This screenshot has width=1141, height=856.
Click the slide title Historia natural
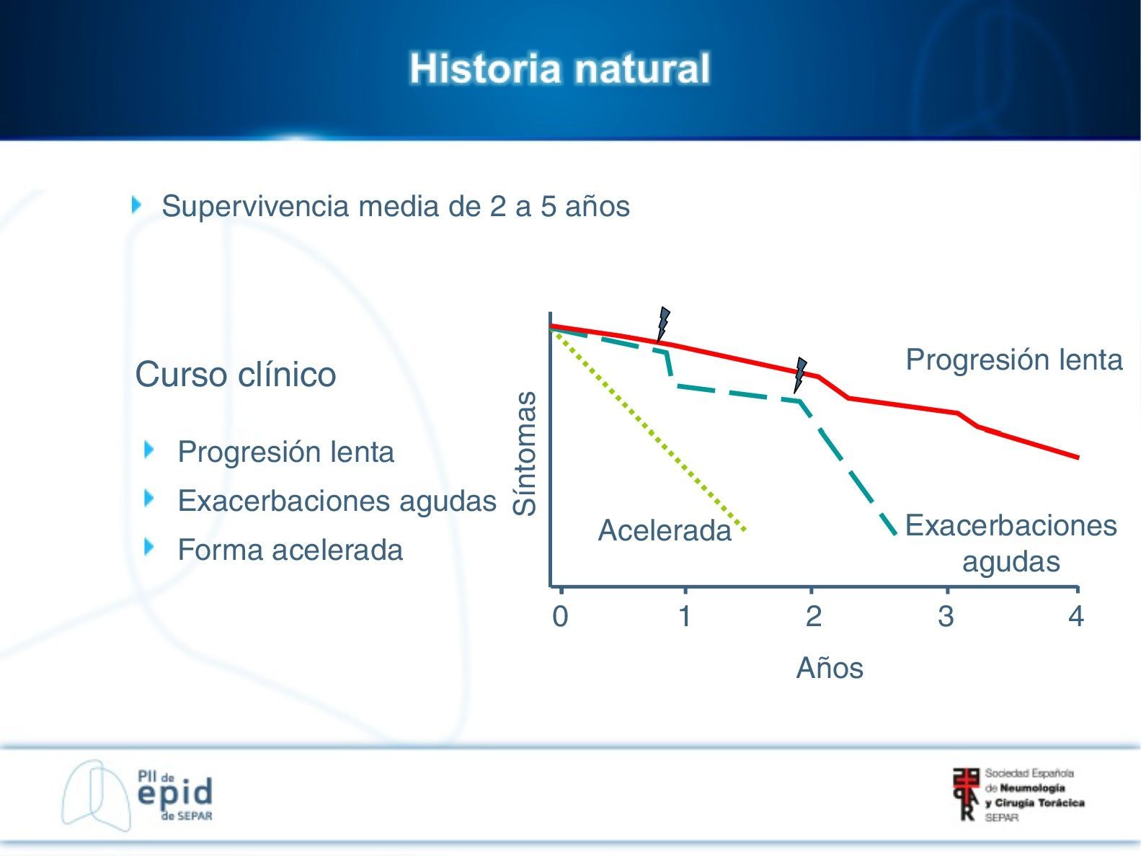click(x=559, y=68)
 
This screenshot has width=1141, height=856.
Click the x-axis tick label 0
click(x=560, y=617)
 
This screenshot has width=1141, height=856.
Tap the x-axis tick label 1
click(x=685, y=617)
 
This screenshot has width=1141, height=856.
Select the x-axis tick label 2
click(x=814, y=617)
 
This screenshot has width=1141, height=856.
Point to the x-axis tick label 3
click(x=946, y=617)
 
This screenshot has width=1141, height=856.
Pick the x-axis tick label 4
click(x=1076, y=617)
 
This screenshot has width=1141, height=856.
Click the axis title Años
click(x=830, y=667)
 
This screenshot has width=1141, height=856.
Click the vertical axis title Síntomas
click(x=525, y=453)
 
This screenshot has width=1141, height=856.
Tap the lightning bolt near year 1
click(x=663, y=324)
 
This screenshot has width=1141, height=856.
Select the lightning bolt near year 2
click(x=801, y=375)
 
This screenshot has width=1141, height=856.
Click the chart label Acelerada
click(x=665, y=530)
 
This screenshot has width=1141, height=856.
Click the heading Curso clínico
click(x=236, y=375)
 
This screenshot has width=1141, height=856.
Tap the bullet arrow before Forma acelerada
click(x=148, y=547)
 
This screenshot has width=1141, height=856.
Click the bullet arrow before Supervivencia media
click(x=136, y=205)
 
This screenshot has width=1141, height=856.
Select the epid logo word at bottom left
click(x=175, y=793)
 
